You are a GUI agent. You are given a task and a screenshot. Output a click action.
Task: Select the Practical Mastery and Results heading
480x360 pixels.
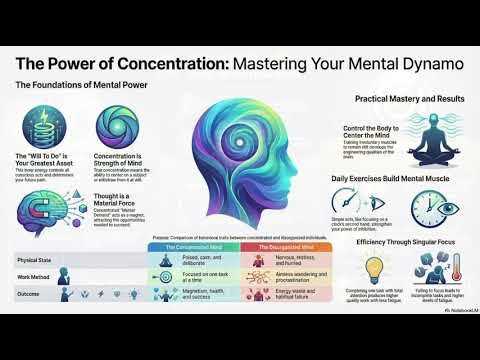click(x=407, y=100)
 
